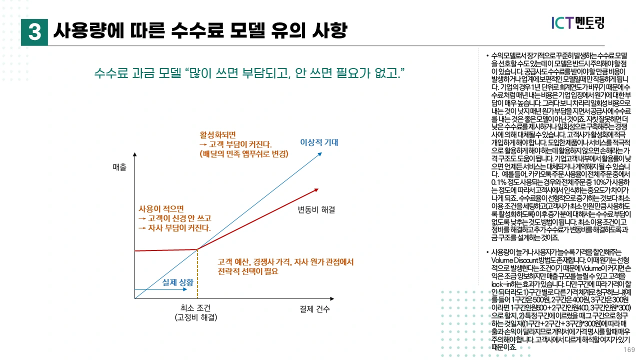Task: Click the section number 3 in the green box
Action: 34,31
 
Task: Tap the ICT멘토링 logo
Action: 577,23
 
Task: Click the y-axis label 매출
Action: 119,167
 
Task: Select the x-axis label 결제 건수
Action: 315,308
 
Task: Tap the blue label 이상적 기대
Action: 319,142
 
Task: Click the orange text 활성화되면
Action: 217,135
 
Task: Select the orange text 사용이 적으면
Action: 161,208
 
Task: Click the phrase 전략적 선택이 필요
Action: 248,271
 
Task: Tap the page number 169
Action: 629,349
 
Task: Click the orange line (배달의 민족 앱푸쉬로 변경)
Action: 243,154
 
